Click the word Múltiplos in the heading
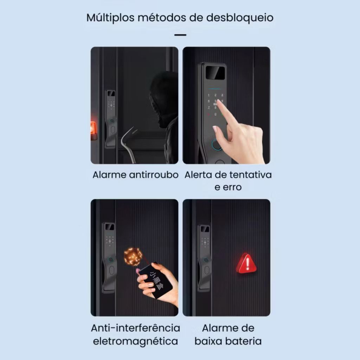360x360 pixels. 110,18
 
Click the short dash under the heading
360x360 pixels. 180,35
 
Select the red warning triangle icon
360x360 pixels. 246,263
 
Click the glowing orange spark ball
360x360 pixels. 133,256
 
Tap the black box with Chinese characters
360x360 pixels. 156,281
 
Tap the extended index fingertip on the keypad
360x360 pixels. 219,102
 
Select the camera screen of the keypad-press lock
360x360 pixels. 215,73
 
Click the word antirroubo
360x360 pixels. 154,175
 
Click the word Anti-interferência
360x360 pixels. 135,328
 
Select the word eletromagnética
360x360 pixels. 135,341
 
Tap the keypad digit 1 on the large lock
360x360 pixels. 209,95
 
